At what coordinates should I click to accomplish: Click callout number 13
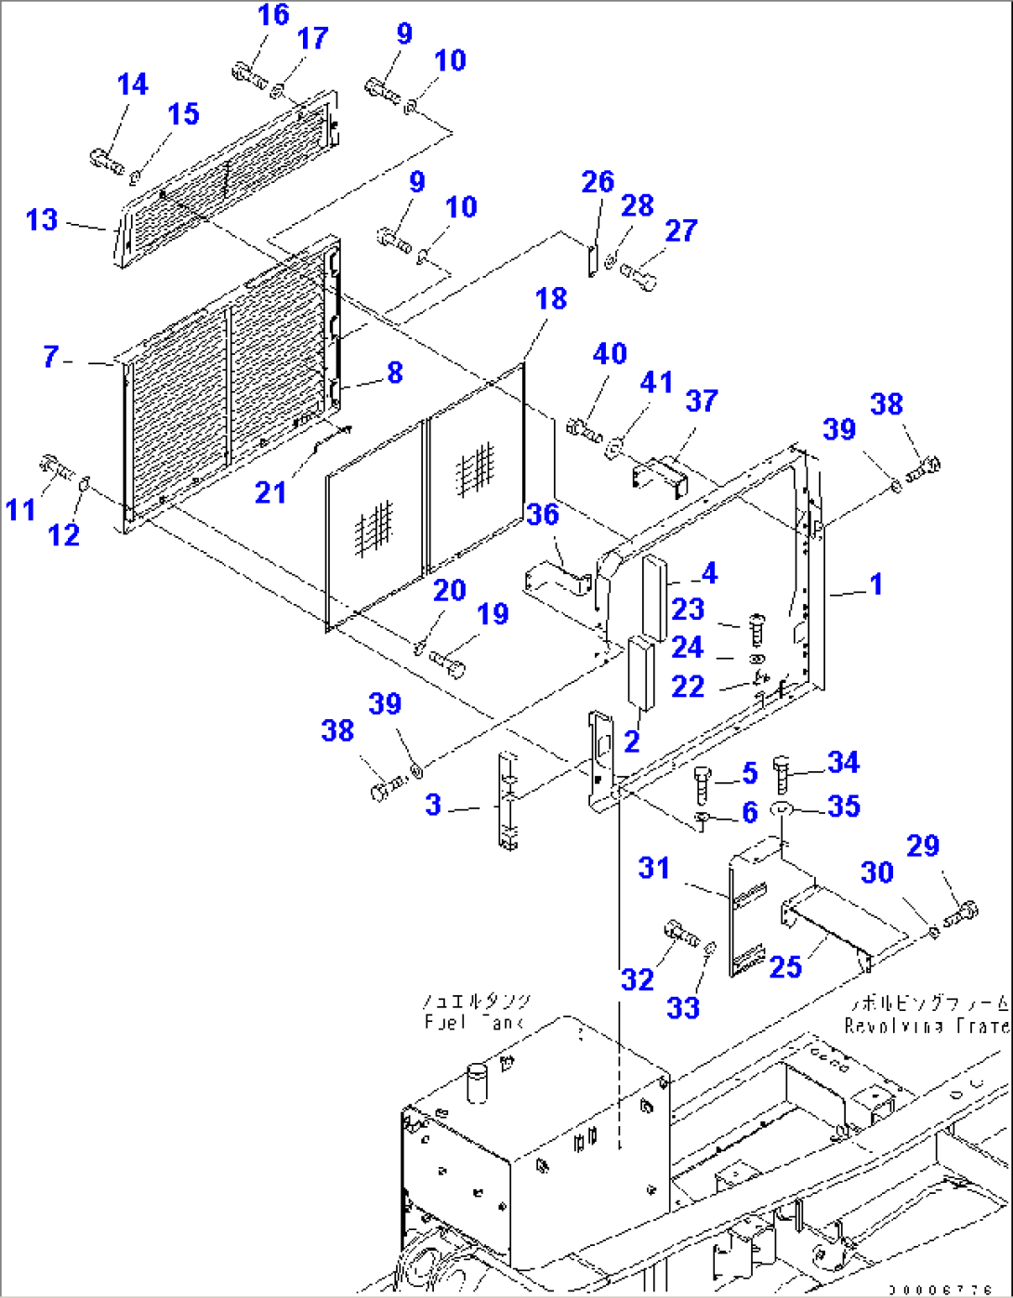(42, 220)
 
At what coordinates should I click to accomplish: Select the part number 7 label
(51, 356)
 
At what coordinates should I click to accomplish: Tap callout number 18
(551, 299)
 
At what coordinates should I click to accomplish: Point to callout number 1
(875, 584)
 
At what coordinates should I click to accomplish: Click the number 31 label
(654, 868)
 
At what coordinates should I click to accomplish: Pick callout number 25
(785, 967)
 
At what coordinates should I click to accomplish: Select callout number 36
(543, 514)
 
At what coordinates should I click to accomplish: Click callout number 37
(702, 400)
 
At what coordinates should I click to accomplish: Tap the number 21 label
(270, 492)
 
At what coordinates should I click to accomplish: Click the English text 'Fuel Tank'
(474, 1022)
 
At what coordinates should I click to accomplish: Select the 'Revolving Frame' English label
(926, 1026)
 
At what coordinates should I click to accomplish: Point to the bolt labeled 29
(961, 914)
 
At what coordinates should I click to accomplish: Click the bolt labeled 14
(107, 160)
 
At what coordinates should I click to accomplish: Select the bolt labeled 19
(452, 663)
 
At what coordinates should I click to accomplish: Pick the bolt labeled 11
(55, 465)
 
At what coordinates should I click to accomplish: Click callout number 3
(433, 805)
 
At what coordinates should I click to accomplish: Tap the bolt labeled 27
(639, 275)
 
